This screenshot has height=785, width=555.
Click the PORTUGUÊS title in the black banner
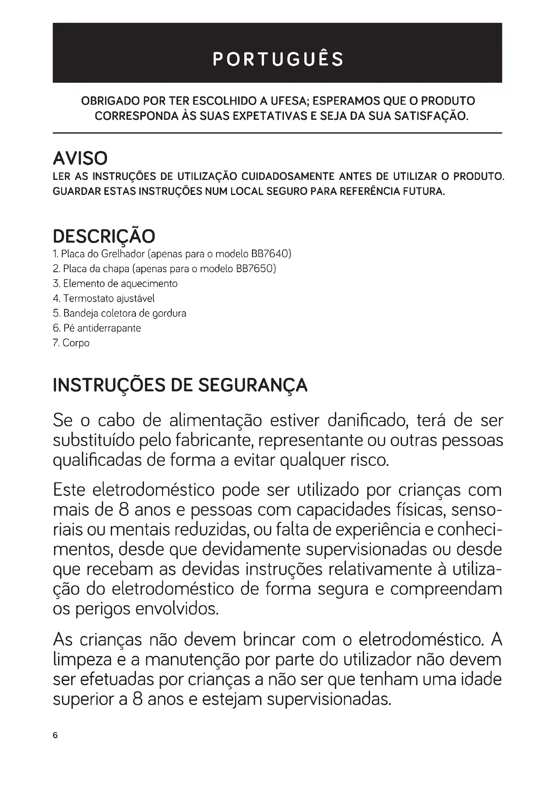pos(277,59)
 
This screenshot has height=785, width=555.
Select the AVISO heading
pos(80,158)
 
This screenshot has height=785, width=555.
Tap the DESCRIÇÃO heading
pos(104,236)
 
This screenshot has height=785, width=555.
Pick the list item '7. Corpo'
pos(71,343)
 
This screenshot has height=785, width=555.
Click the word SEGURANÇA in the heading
pos(253,385)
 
